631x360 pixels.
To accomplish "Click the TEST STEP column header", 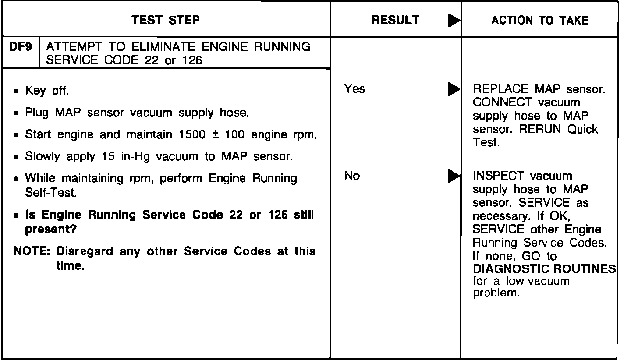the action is coord(166,20).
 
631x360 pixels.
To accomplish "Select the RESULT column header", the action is coord(395,20).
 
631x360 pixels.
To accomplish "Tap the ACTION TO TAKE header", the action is coord(540,20).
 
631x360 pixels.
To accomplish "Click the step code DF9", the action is coord(21,47).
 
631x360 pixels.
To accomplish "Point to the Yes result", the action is coord(354,89).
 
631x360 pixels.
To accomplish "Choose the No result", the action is coord(352,176).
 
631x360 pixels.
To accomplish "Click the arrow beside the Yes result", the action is coord(454,89).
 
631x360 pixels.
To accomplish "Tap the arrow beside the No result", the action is coord(454,176).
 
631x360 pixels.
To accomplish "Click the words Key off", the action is coord(47,91).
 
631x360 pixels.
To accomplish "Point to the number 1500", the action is coord(192,134).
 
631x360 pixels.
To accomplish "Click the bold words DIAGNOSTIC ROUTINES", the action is coord(545,269).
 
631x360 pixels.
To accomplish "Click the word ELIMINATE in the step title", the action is coord(157,47).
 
